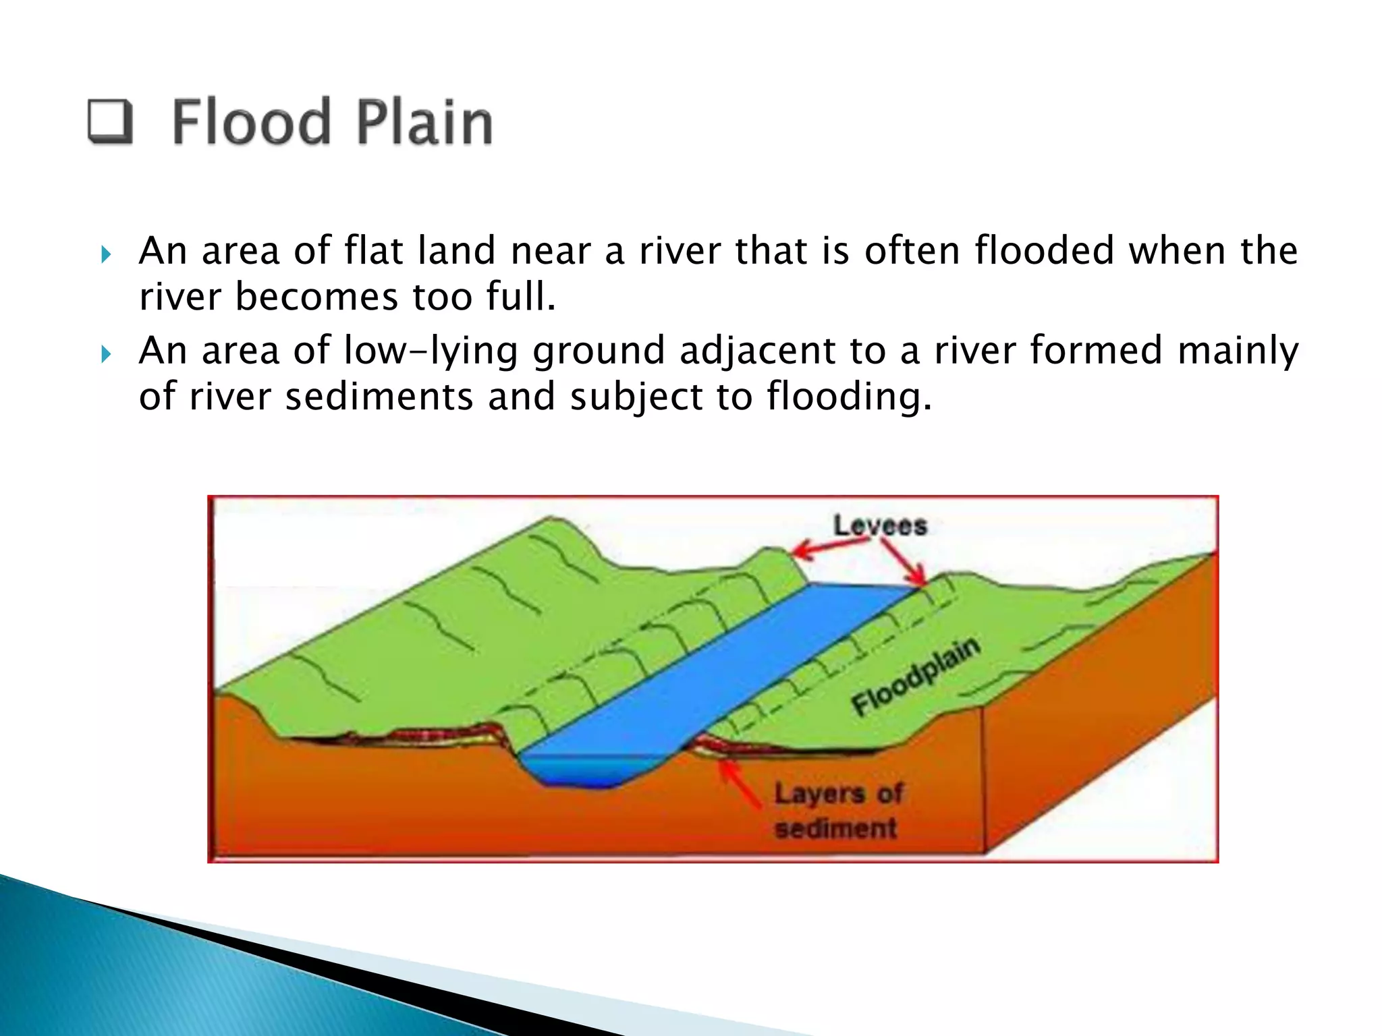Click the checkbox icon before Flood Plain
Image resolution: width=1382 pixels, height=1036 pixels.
tap(109, 121)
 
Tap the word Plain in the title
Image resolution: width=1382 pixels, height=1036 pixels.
tap(424, 122)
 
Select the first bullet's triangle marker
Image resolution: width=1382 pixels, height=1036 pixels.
tap(105, 255)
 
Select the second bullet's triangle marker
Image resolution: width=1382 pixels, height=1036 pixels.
tap(105, 354)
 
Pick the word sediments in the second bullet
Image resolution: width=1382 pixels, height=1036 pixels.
tap(379, 397)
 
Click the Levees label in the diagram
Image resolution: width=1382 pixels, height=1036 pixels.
tap(880, 525)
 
